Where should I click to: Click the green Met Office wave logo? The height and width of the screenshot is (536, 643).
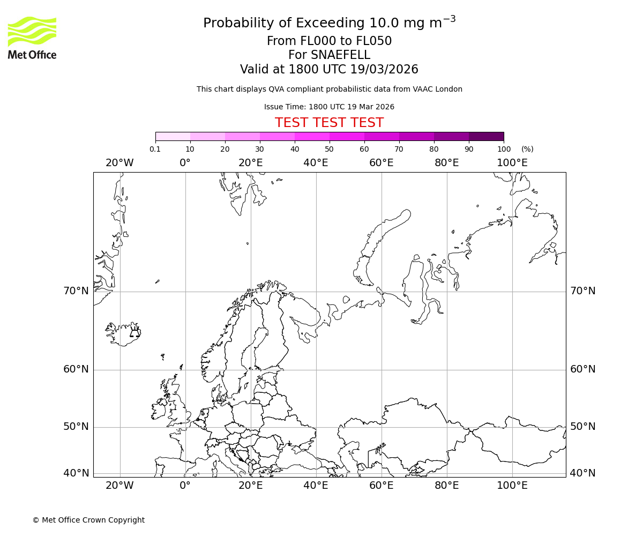tap(32, 31)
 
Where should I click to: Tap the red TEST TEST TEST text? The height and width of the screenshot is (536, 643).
tap(329, 123)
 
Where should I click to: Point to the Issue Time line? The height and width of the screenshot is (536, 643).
tap(329, 107)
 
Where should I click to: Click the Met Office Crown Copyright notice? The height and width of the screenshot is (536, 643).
tap(88, 520)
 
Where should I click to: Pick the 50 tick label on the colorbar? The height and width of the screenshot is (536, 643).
tap(329, 149)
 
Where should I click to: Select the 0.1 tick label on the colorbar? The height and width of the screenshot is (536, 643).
tap(155, 149)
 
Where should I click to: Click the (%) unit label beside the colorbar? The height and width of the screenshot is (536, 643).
tap(527, 149)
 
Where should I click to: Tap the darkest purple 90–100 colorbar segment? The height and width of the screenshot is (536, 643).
tap(486, 136)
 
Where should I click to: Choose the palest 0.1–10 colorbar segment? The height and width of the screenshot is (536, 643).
tap(173, 136)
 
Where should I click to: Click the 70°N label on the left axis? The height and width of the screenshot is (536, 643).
tap(76, 291)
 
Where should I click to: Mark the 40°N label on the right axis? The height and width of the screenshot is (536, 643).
tap(583, 473)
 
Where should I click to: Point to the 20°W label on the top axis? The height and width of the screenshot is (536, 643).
tap(119, 163)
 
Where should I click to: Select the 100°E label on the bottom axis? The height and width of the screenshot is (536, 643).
tap(512, 486)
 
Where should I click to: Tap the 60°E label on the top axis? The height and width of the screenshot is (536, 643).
tap(382, 163)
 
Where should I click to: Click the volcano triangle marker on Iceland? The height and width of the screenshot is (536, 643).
tap(134, 333)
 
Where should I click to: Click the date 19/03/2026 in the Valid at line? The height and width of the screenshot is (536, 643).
tap(384, 70)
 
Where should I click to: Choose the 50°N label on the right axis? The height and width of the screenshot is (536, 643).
tap(583, 427)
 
